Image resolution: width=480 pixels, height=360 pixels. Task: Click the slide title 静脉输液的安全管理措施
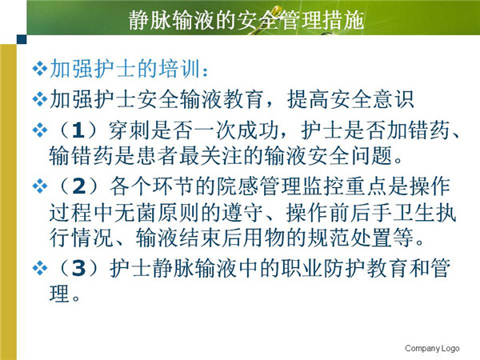point(246,21)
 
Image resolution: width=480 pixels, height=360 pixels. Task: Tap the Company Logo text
point(432,348)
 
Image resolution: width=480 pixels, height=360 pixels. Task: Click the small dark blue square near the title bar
point(22,39)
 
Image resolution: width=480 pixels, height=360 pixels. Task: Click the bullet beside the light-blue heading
point(39,69)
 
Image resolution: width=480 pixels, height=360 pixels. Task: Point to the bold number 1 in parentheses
point(78,130)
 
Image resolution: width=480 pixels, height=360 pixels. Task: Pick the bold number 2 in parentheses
point(79,186)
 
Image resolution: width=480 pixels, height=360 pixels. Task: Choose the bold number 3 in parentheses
point(79,268)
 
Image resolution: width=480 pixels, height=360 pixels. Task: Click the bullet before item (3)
point(39,269)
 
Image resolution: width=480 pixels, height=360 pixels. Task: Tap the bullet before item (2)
point(39,186)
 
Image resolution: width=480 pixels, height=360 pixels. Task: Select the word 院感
point(238,186)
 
